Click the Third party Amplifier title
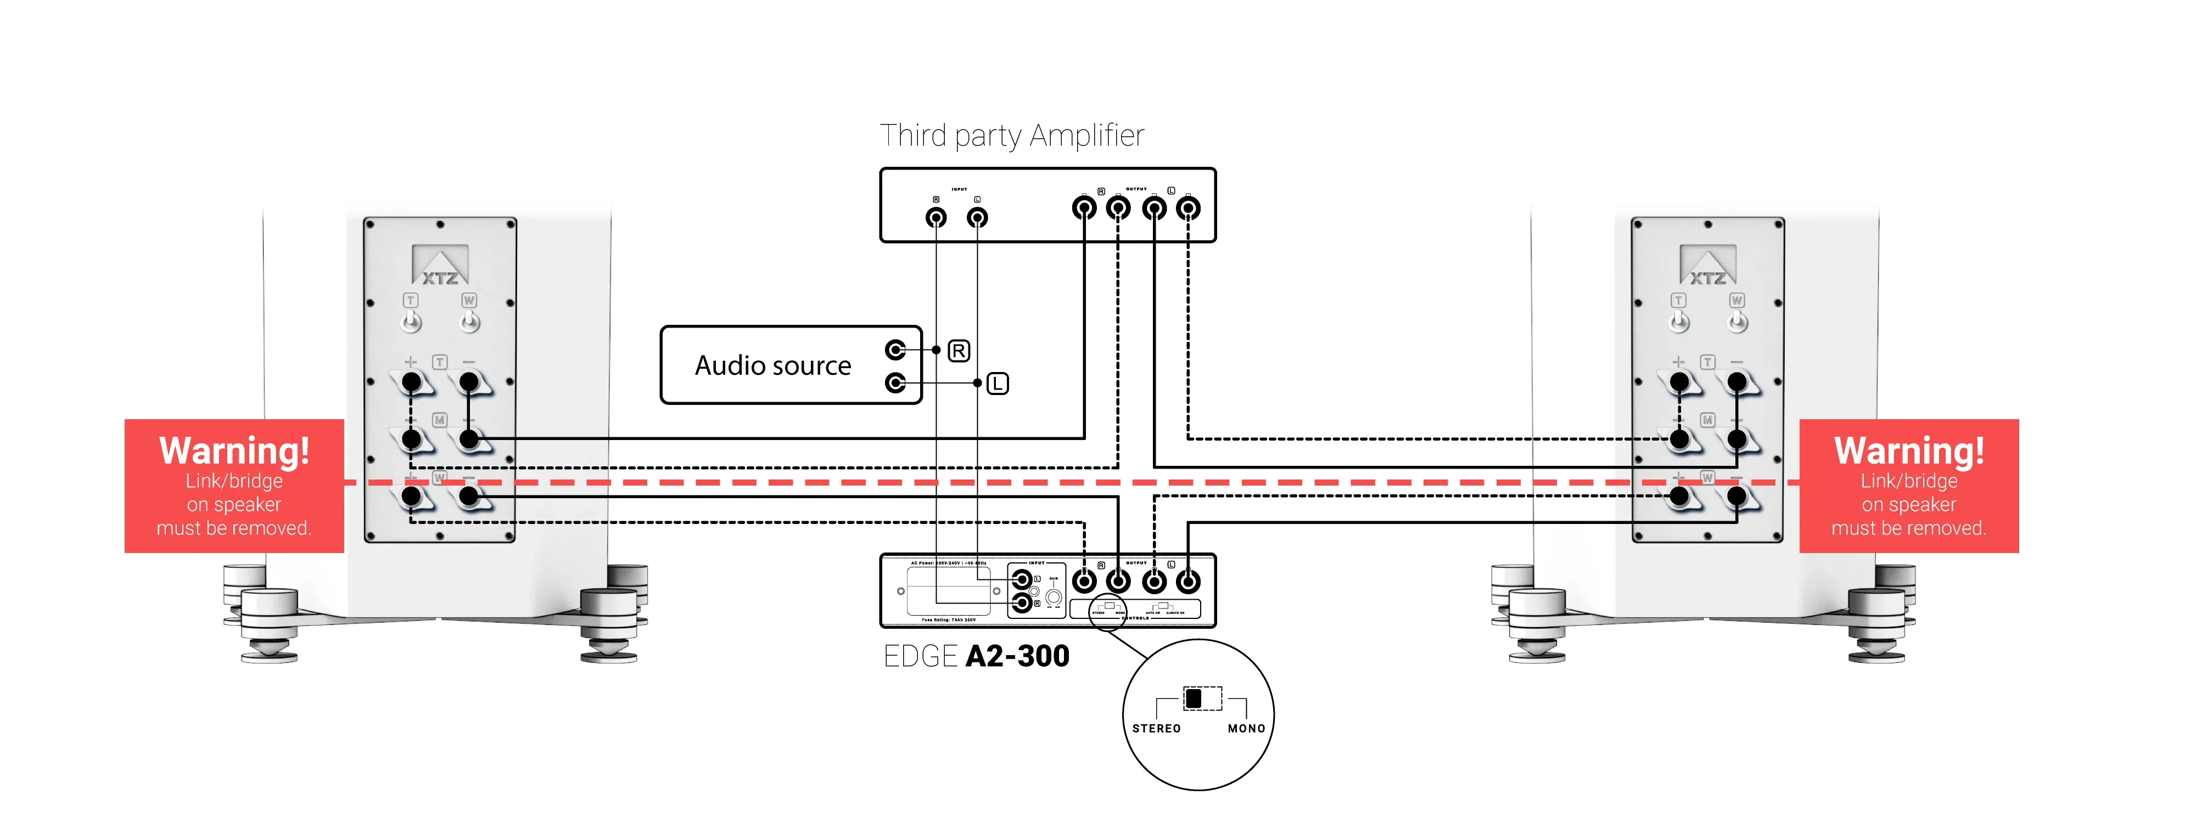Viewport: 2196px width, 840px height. (x=1011, y=136)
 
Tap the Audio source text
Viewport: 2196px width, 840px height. (x=772, y=365)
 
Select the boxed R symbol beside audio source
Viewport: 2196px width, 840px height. (x=959, y=351)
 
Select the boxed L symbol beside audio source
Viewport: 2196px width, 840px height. (x=998, y=384)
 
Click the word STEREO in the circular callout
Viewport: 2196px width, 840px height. (x=1156, y=729)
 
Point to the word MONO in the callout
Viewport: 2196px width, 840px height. (x=1246, y=729)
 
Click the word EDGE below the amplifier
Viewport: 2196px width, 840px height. (x=921, y=657)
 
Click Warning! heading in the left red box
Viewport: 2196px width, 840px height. (x=234, y=450)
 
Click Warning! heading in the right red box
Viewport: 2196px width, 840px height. (x=1909, y=450)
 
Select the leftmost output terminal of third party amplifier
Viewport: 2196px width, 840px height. (x=1084, y=208)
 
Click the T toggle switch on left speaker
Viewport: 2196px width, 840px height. (x=411, y=320)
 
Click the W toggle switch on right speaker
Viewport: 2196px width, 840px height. (x=1736, y=320)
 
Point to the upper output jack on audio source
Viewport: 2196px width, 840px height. (x=895, y=350)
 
